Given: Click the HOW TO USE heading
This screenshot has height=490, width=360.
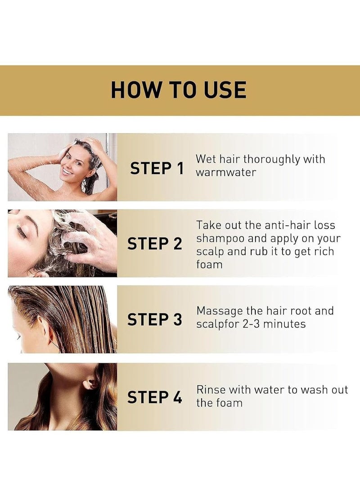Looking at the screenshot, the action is [x=179, y=90].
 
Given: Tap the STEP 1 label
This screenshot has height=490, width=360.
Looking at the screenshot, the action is [x=157, y=168].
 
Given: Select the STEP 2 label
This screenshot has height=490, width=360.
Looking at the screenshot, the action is [x=154, y=244].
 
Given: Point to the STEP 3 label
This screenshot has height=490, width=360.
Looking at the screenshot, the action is [x=154, y=319].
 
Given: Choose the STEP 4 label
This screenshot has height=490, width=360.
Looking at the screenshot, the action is [x=154, y=397].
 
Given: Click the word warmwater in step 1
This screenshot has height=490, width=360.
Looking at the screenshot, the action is [x=226, y=172].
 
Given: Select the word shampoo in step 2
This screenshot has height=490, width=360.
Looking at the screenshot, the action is [x=220, y=239].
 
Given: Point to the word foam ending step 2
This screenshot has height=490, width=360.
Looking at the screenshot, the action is [x=209, y=264].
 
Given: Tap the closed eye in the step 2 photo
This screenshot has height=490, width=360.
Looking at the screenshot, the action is [x=21, y=232].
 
